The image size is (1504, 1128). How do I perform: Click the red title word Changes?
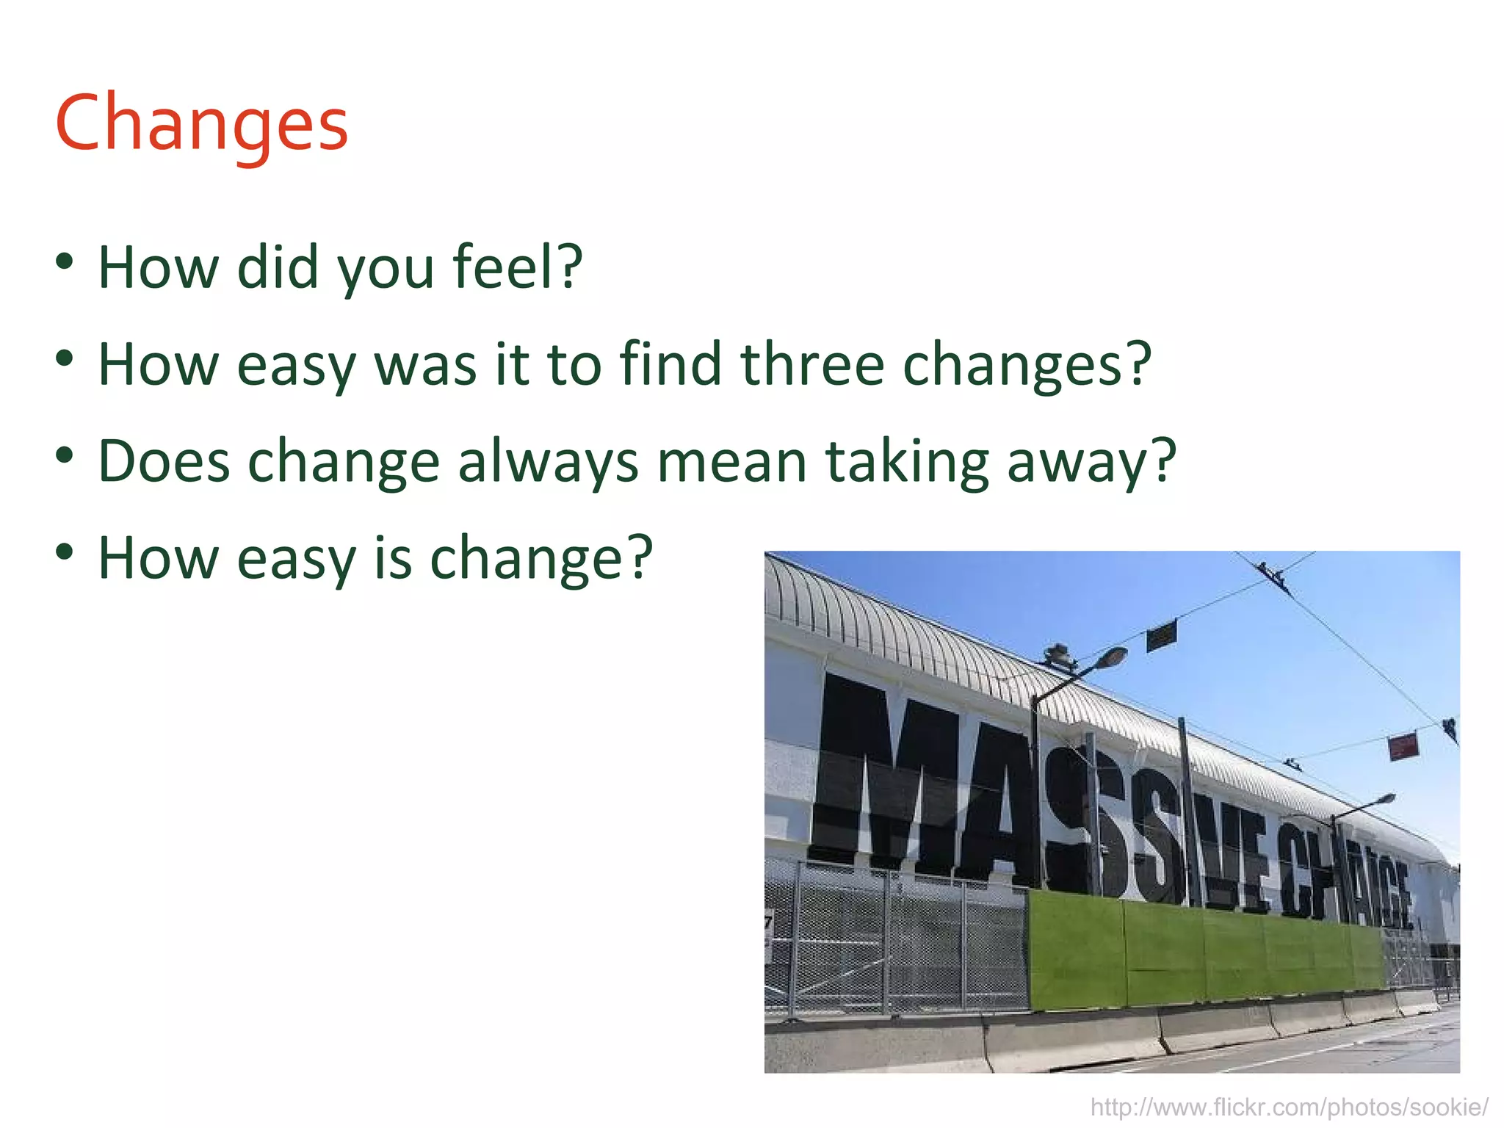[x=201, y=123]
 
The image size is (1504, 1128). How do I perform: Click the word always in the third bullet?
[x=548, y=462]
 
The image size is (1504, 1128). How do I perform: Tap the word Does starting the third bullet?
[x=164, y=462]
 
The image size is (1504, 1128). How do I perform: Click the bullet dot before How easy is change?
[x=65, y=552]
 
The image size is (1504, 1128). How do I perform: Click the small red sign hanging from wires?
[x=1402, y=747]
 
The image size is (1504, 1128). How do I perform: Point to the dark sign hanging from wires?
[x=1162, y=636]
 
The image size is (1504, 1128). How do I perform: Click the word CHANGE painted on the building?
[x=1344, y=878]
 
